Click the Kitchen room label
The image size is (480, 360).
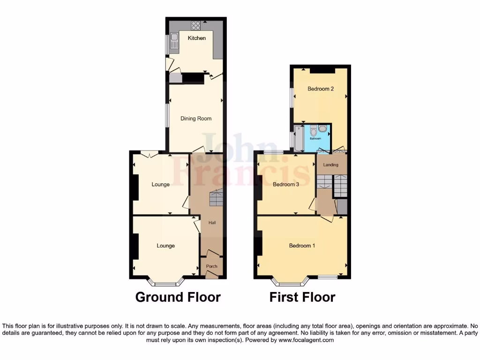click(x=197, y=38)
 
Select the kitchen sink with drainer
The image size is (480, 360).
click(x=174, y=41)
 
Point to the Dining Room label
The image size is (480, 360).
click(x=196, y=119)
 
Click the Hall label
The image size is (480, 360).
click(x=212, y=223)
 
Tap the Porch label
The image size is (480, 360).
click(x=212, y=266)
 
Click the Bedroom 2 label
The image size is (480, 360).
click(x=321, y=89)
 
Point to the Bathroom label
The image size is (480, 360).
click(x=315, y=139)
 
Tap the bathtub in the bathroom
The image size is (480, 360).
click(x=298, y=139)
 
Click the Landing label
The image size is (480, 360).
click(x=331, y=165)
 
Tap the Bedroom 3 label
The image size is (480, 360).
click(x=286, y=185)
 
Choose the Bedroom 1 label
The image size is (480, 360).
click(x=302, y=246)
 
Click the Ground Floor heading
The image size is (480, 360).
click(x=178, y=297)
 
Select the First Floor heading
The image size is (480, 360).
click(x=302, y=297)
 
